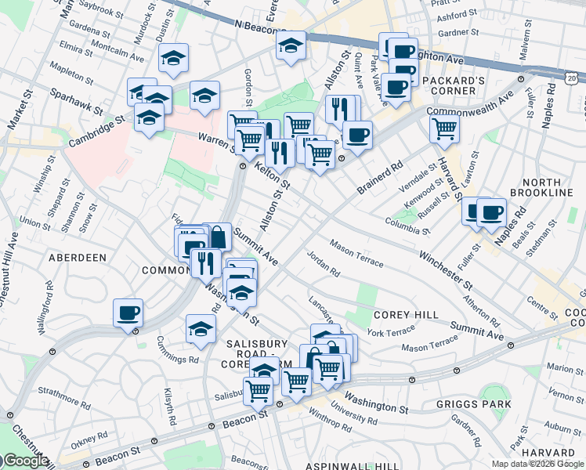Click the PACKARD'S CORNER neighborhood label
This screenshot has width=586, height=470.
pyautogui.click(x=449, y=85)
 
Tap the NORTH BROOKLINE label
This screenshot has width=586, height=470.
pyautogui.click(x=541, y=186)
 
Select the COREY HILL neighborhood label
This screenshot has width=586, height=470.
pyautogui.click(x=406, y=314)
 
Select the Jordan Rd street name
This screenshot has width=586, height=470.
pyautogui.click(x=323, y=268)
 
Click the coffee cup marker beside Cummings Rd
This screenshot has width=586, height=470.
pyautogui.click(x=128, y=313)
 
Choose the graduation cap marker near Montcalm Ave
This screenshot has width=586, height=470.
pyautogui.click(x=173, y=57)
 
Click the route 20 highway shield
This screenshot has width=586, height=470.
pyautogui.click(x=572, y=77)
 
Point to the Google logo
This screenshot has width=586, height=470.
pyautogui.click(x=24, y=461)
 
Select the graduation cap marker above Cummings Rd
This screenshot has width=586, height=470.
pyautogui.click(x=201, y=329)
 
